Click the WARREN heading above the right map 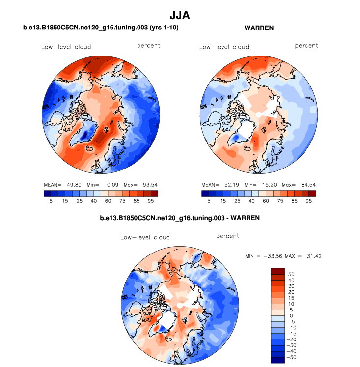tap(259, 28)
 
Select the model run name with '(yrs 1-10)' tap(101, 28)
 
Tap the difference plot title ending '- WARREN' tap(179, 217)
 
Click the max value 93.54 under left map tap(148, 185)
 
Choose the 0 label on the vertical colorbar tap(290, 315)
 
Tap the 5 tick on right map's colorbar tap(208, 201)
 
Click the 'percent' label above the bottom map tap(227, 236)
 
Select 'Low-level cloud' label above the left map tap(66, 47)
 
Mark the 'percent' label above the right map tap(306, 46)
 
